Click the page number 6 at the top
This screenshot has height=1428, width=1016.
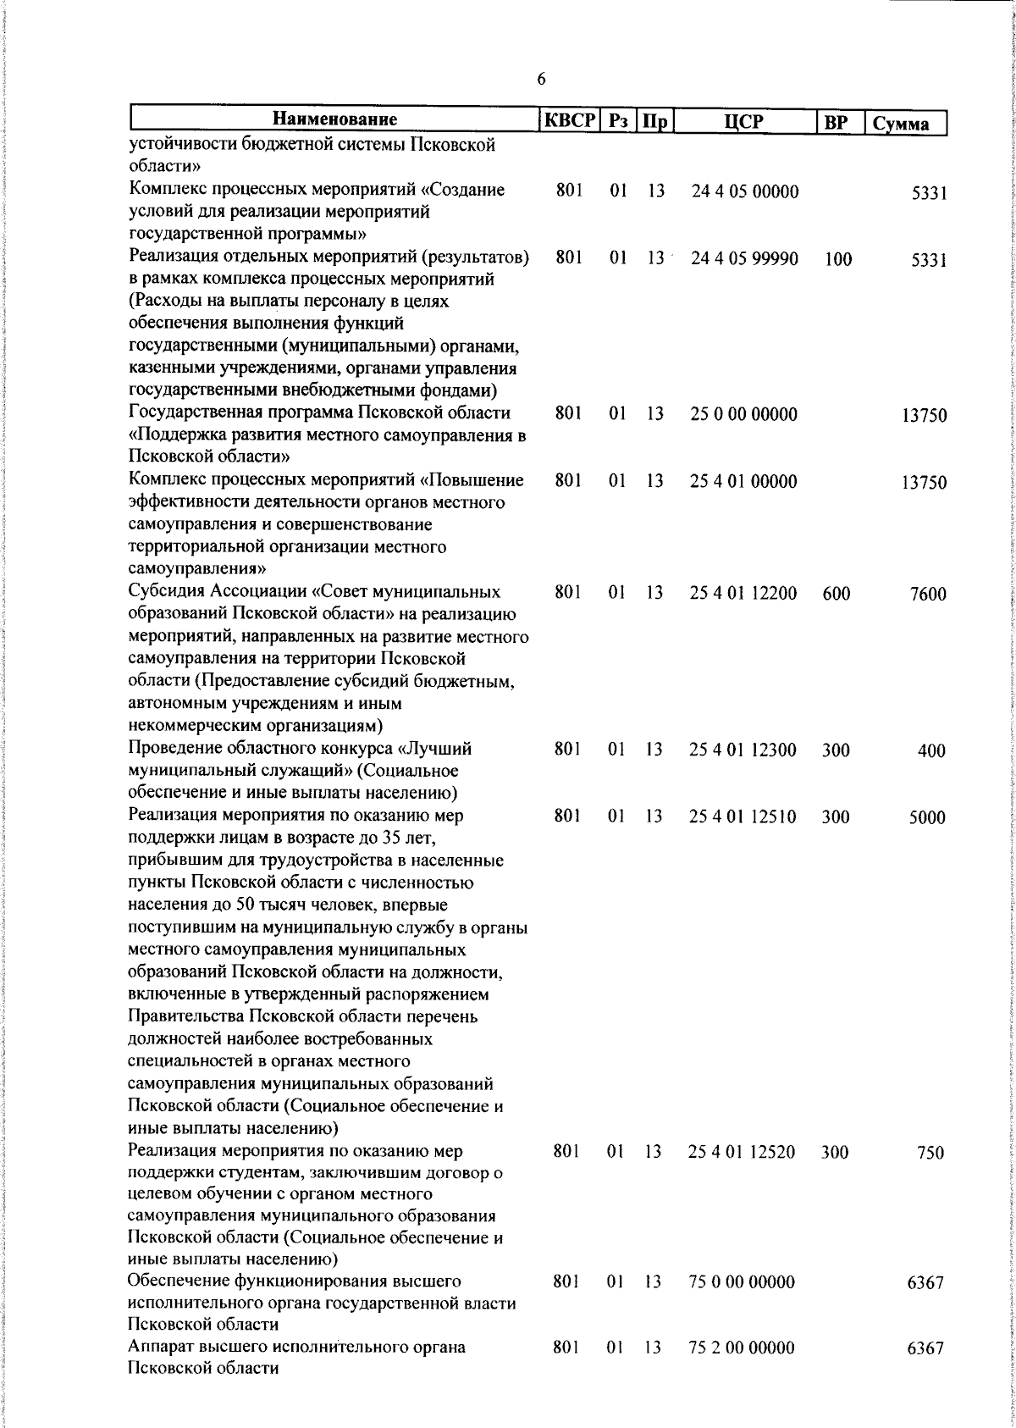(x=541, y=80)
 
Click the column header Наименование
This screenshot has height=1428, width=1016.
(x=335, y=119)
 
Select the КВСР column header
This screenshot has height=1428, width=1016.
(x=570, y=120)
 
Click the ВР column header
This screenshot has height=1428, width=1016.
(x=836, y=122)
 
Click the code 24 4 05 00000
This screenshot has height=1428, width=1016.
(x=744, y=191)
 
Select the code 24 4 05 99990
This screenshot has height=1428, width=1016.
(x=744, y=258)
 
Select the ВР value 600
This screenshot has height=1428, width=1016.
(x=836, y=594)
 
